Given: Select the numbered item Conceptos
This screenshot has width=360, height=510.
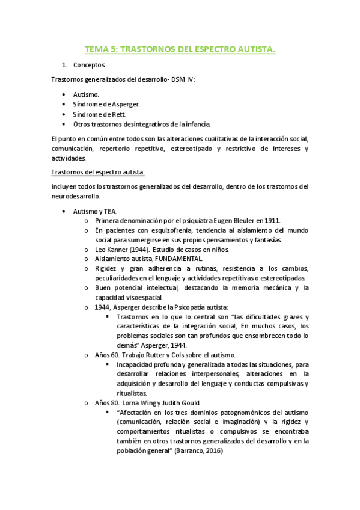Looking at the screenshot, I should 90,64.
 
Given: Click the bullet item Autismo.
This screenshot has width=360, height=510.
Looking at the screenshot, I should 87,94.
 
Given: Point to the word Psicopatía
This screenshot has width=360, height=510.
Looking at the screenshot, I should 184,307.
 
